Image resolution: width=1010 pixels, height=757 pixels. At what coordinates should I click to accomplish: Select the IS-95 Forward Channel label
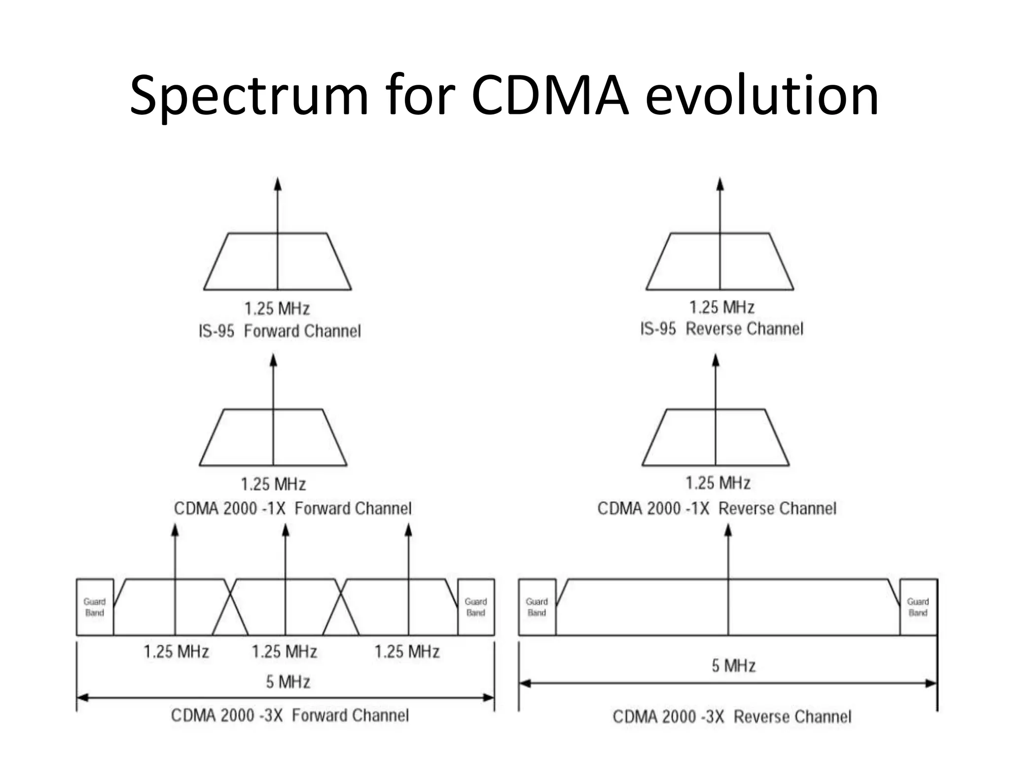pos(280,331)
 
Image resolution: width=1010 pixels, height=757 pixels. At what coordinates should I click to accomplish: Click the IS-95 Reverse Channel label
pos(721,329)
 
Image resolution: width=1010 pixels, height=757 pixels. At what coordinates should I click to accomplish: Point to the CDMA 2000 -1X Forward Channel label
pos(292,508)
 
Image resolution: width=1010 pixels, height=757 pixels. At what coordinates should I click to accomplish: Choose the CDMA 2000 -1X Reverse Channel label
pos(717,508)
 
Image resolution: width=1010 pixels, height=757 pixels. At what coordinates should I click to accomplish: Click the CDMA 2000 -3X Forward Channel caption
pos(290,715)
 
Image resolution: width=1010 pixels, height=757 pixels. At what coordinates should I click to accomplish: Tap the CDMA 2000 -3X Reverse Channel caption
pos(732,717)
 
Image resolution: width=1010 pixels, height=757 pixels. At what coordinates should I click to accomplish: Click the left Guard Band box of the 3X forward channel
pos(95,607)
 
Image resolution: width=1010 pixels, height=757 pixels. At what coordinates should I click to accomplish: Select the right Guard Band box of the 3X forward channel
pos(476,607)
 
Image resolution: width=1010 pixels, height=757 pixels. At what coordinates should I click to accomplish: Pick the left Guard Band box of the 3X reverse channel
pos(537,607)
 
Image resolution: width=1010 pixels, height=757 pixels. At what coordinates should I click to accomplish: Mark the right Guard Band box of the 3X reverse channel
pos(918,607)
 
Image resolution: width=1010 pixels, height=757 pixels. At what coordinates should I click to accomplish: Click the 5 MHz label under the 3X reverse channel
pos(733,666)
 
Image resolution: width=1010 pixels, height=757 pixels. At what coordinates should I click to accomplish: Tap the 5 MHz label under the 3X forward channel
pos(288,682)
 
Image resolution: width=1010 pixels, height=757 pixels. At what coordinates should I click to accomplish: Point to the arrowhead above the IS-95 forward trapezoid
pos(278,184)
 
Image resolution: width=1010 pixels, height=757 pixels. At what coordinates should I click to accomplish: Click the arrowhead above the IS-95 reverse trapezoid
pos(720,184)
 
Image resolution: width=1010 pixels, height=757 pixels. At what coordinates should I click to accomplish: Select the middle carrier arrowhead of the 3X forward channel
pos(286,530)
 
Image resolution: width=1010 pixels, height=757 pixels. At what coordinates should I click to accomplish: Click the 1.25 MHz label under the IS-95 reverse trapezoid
pos(721,308)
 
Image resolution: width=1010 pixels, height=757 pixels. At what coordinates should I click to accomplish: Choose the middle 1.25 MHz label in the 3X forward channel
pos(285,652)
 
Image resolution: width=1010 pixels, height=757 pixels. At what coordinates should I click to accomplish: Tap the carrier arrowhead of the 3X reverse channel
pos(728,530)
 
